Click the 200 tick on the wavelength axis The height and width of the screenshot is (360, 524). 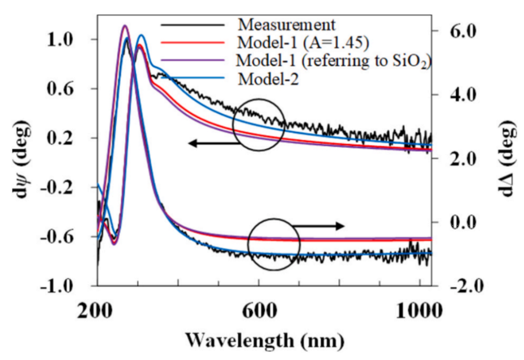(x=99, y=310)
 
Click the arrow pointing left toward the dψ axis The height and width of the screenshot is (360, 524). (x=211, y=143)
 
